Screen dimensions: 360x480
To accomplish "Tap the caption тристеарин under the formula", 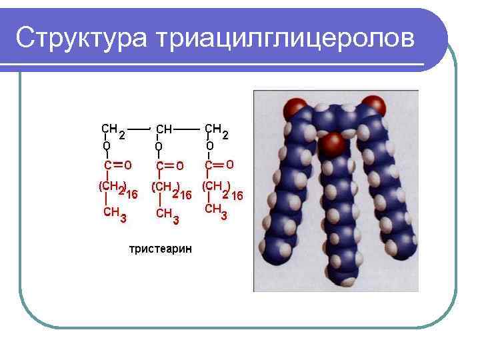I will (160, 249).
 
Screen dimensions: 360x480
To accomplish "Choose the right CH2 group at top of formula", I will (216, 130).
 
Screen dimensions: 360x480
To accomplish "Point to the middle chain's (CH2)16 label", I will (171, 190).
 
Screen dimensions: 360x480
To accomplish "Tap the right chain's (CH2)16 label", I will (222, 189).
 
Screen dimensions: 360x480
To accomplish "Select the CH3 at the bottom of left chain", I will (115, 214).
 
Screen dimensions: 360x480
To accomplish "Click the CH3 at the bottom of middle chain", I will (167, 215).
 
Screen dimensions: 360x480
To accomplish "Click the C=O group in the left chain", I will (117, 164).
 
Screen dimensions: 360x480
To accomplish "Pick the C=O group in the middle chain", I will (169, 165).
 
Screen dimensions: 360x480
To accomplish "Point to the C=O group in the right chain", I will (219, 164).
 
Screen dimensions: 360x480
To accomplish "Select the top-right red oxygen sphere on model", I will (375, 106).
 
